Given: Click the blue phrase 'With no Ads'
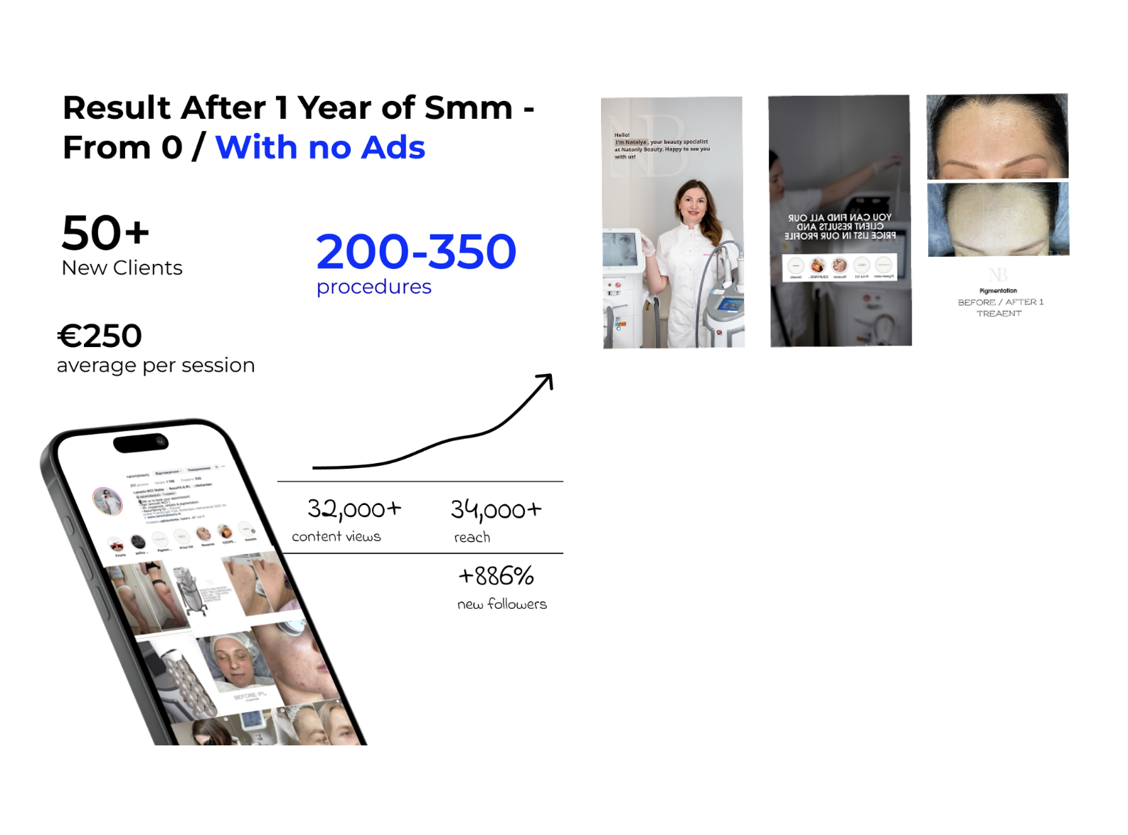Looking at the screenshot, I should point(320,147).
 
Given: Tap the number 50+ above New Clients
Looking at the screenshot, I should point(105,233).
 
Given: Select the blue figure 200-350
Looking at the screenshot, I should point(416,252).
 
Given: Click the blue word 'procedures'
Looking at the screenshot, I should point(374,287).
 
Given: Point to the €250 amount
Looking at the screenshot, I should point(100,336).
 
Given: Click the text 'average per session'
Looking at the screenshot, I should point(156,366).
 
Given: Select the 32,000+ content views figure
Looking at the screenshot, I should point(354,509).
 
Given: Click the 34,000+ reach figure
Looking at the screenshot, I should point(496,510).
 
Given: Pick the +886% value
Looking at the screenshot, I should point(496,575).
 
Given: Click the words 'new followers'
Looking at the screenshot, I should point(502,604).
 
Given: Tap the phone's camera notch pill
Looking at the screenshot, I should point(141,443).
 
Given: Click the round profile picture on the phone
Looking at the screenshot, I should point(108,501).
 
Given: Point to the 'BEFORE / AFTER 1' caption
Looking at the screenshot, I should point(1000,302).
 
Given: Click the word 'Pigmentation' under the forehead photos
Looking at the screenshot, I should point(998,290).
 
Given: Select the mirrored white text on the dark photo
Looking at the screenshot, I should point(839,226).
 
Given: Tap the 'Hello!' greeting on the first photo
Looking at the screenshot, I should point(622,134).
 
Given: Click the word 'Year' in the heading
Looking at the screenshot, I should point(334,108).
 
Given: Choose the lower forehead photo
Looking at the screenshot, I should point(998,219).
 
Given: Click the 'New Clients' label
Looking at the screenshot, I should point(122,268).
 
